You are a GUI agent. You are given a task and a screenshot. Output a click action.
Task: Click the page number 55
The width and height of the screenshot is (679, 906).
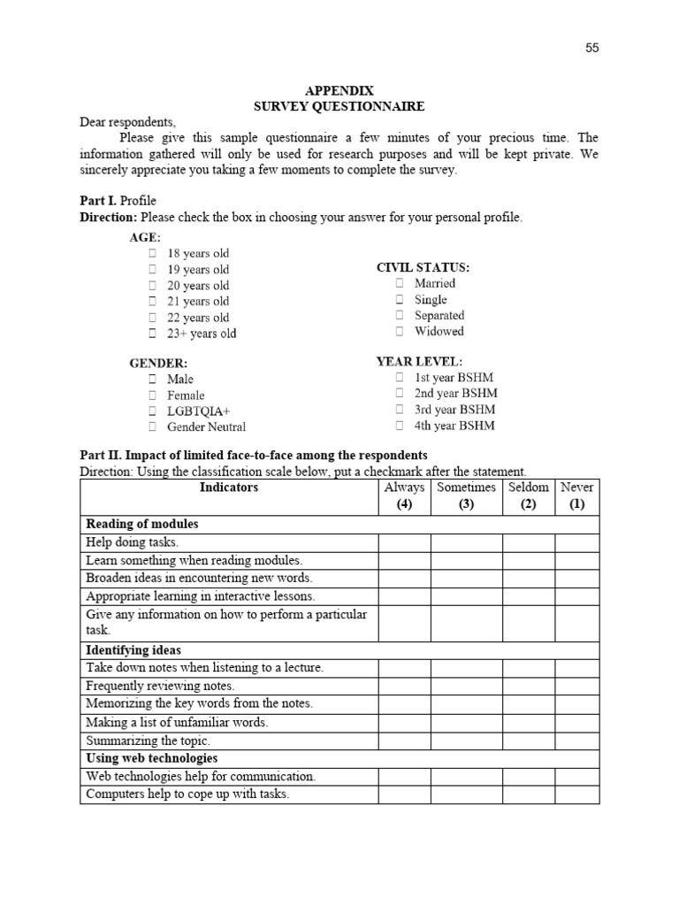click(x=591, y=48)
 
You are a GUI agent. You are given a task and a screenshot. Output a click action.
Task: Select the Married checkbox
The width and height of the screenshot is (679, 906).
click(x=400, y=283)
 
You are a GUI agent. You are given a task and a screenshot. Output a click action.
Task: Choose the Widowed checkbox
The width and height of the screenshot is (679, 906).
click(x=400, y=331)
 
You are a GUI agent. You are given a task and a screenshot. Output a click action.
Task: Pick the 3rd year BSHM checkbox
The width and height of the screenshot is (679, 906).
click(x=400, y=410)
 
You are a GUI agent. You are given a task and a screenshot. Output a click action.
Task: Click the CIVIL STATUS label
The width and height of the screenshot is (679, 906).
click(x=423, y=267)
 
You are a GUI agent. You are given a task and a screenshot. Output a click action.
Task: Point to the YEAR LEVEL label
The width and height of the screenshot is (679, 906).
click(x=419, y=362)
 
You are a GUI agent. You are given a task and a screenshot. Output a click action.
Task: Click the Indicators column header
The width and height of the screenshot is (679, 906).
click(x=229, y=488)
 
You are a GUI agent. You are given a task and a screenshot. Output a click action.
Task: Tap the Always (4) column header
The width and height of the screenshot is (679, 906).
click(x=404, y=496)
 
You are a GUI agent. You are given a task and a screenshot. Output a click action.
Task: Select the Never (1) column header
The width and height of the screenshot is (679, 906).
click(x=576, y=496)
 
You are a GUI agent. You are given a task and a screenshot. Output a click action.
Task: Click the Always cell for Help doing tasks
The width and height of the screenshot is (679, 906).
click(x=404, y=542)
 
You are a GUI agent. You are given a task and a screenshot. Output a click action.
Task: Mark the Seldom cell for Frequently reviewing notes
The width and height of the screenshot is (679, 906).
click(x=528, y=686)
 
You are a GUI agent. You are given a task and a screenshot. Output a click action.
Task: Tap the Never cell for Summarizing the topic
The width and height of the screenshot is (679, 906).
click(x=576, y=741)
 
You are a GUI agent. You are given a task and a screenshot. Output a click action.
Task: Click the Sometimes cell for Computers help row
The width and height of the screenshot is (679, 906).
click(x=466, y=795)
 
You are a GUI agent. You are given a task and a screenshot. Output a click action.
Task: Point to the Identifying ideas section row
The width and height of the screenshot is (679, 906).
click(x=134, y=650)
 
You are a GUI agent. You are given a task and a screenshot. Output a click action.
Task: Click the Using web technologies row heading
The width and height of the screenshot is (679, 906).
click(x=151, y=758)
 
